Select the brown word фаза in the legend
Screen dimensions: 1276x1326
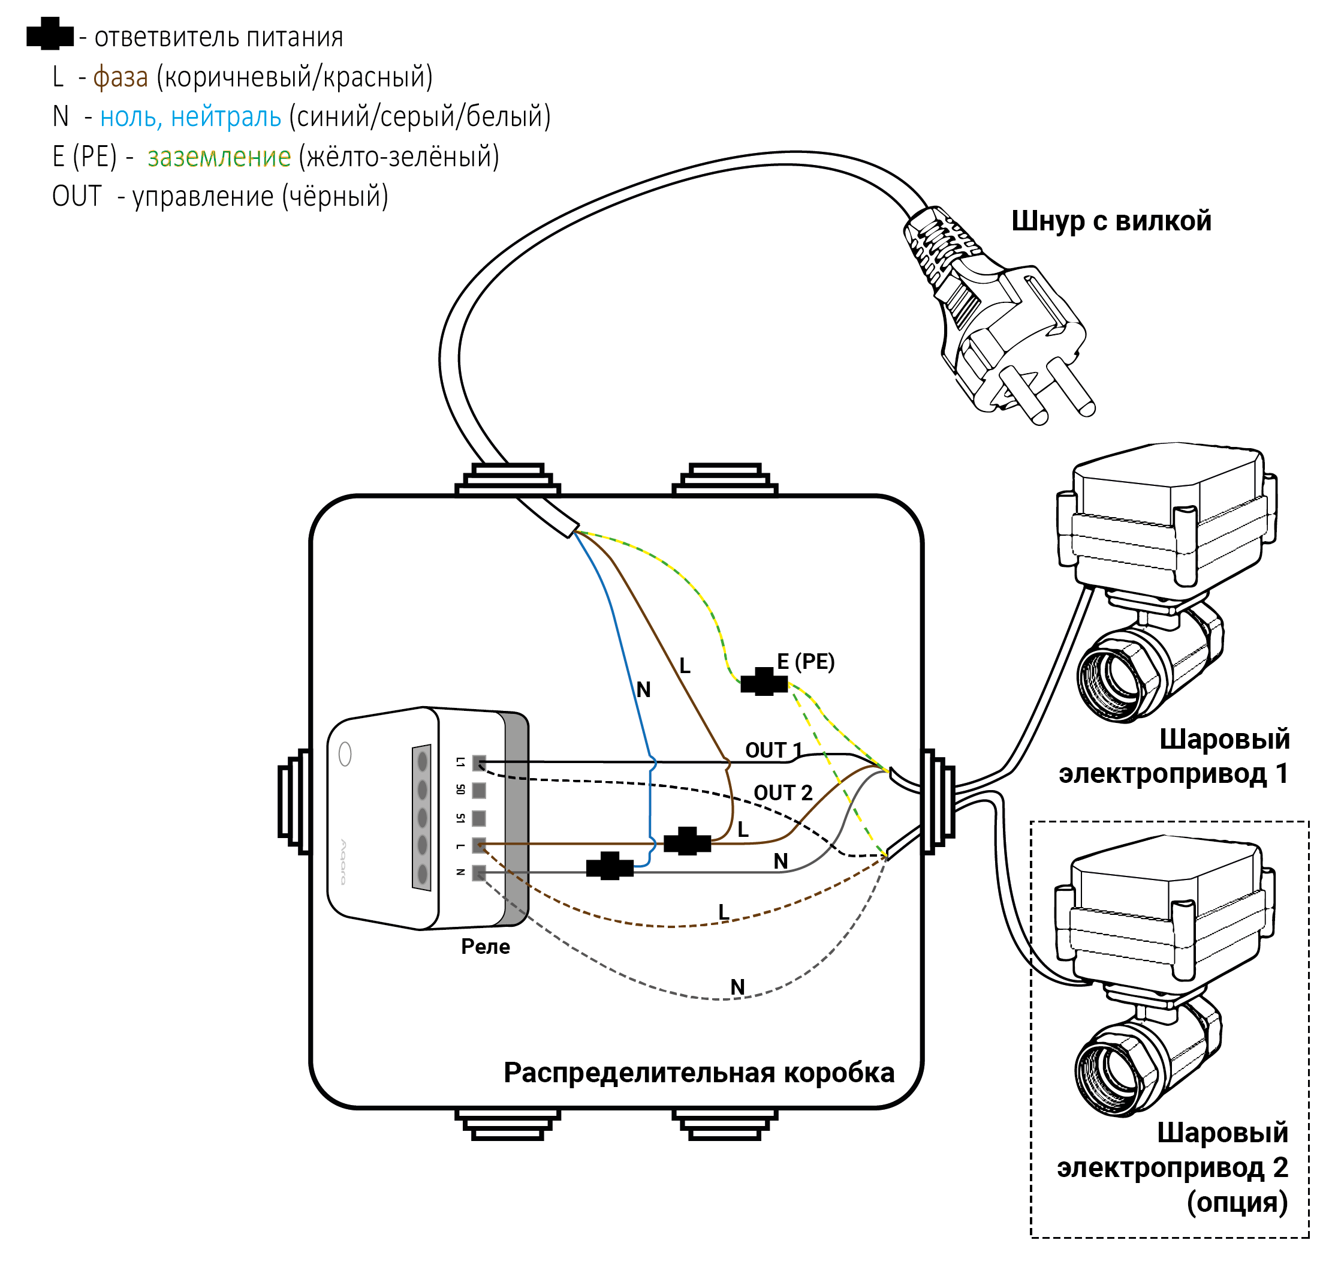pos(120,77)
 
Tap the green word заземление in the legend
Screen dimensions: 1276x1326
pos(219,157)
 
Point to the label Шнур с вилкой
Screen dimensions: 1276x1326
pos(1111,221)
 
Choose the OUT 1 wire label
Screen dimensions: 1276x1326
pos(773,750)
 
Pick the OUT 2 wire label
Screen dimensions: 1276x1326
pos(783,792)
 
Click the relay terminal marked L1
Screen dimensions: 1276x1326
pos(479,763)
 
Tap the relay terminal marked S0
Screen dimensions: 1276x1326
pos(479,790)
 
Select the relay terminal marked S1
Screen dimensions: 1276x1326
pos(479,818)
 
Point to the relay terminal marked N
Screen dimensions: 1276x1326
pos(479,872)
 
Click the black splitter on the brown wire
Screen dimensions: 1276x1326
pos(687,842)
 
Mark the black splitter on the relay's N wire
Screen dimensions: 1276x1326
pos(610,866)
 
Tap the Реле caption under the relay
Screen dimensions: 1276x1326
pos(485,946)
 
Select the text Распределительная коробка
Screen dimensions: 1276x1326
pos(699,1073)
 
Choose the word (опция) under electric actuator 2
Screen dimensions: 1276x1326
pos(1237,1202)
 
